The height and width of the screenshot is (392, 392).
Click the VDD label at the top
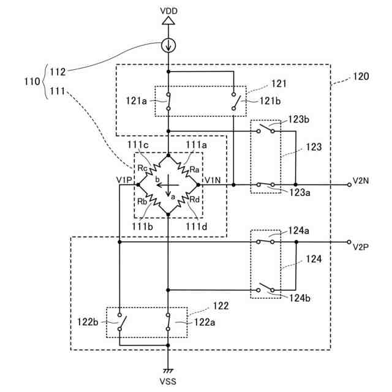pyautogui.click(x=168, y=11)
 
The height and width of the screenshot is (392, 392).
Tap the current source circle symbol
pyautogui.click(x=168, y=45)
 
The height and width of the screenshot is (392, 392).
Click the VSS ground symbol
pyautogui.click(x=168, y=371)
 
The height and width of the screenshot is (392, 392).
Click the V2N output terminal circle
pyautogui.click(x=349, y=185)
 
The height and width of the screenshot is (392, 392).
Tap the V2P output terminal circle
pyautogui.click(x=349, y=242)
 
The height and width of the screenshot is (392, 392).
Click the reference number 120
pyautogui.click(x=361, y=76)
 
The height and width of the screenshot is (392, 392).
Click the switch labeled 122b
pyautogui.click(x=122, y=322)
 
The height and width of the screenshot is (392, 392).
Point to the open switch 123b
pyautogui.click(x=265, y=129)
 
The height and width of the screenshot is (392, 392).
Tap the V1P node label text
pyautogui.click(x=124, y=179)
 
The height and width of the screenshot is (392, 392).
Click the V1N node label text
pyautogui.click(x=213, y=179)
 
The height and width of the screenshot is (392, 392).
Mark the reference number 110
pyautogui.click(x=32, y=81)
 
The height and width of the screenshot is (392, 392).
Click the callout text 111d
pyautogui.click(x=197, y=227)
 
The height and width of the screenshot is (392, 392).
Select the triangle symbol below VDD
pyautogui.click(x=168, y=21)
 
